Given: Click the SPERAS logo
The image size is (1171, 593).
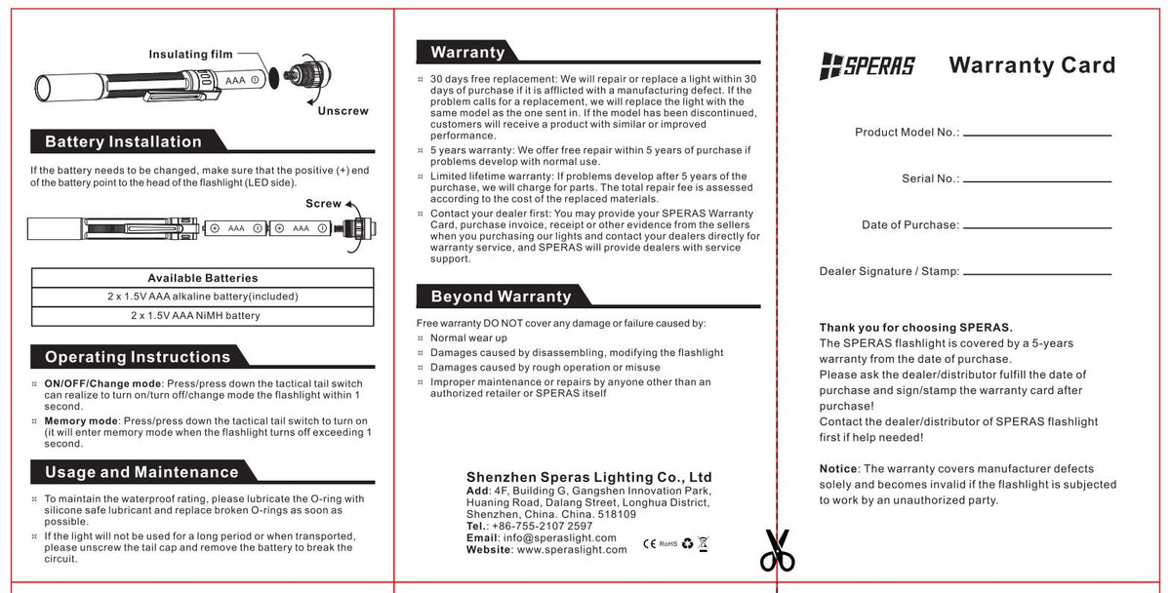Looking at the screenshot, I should pos(867,66).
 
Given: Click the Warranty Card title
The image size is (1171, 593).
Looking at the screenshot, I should pos(1031,65).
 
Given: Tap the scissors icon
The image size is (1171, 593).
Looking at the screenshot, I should pos(777,551).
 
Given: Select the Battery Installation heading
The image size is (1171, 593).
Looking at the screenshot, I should pos(123,142).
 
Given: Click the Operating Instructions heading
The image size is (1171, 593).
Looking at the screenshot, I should pos(138,357).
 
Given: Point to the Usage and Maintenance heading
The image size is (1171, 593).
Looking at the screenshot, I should pos(141,473).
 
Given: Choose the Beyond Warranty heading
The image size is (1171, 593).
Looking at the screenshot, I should pos(501,296).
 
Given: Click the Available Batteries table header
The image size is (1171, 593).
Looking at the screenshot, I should pos(203,278).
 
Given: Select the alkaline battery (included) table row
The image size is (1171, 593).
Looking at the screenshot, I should pos(203,296).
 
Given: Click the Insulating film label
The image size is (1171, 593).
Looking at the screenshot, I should pos(191,55).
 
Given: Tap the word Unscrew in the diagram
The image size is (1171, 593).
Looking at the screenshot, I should pos(343,111).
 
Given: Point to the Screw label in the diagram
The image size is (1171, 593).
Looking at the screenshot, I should pos(324,204).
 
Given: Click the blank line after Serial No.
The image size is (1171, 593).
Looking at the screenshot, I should pos(1037,181).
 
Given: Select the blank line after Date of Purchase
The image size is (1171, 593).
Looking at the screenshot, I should pos(1037,227).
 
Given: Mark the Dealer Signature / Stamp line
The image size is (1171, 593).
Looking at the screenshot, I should pos(1037,274).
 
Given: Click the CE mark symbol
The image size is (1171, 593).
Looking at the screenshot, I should pos(649,543).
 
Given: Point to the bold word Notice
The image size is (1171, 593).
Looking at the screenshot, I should pos(838,469).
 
